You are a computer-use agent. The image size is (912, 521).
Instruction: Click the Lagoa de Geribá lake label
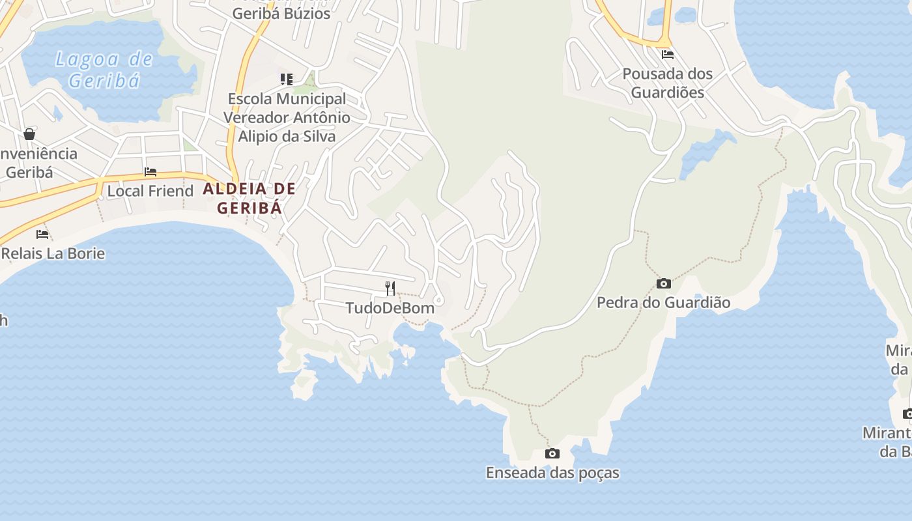click(x=104, y=70)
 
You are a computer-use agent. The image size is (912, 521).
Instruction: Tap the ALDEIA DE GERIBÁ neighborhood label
click(x=249, y=199)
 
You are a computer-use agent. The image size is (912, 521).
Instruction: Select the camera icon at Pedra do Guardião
click(x=664, y=283)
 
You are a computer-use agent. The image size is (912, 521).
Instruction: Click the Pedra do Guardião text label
click(x=663, y=303)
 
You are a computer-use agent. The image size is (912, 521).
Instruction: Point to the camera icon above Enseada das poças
click(x=552, y=453)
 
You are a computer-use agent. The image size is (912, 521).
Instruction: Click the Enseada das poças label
click(x=552, y=473)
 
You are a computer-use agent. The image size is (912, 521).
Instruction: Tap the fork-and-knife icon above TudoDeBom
click(x=390, y=288)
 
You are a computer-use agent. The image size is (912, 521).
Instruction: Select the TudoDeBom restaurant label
click(x=390, y=308)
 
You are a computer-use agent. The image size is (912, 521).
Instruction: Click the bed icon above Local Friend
click(x=150, y=172)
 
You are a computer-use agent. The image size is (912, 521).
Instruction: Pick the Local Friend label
click(x=150, y=191)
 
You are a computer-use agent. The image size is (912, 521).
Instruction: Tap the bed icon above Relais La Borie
click(x=42, y=234)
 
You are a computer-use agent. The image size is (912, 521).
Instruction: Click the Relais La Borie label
click(x=53, y=253)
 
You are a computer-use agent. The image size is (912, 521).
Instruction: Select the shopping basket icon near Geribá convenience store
click(x=29, y=134)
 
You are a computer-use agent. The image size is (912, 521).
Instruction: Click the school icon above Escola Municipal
click(x=287, y=79)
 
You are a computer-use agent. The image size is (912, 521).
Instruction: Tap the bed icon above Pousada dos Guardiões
click(x=668, y=55)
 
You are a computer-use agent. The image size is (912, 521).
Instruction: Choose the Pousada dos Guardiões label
click(x=668, y=83)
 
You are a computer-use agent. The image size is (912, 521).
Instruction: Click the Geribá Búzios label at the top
click(x=281, y=13)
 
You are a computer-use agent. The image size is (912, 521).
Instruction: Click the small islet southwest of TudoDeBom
click(x=304, y=385)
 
